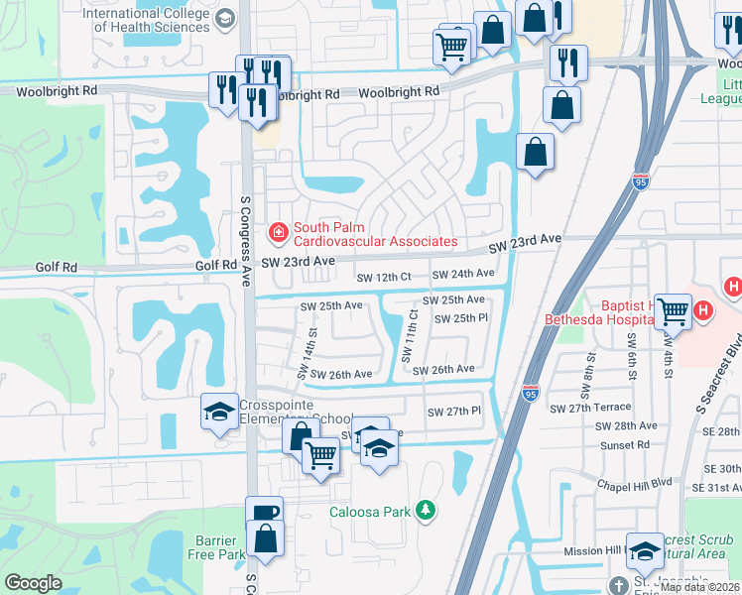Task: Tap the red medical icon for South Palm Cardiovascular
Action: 279,233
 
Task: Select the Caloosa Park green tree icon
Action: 426,511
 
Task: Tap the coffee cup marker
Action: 264,512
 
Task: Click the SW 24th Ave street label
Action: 464,274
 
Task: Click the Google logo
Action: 34,582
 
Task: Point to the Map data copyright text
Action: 699,587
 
